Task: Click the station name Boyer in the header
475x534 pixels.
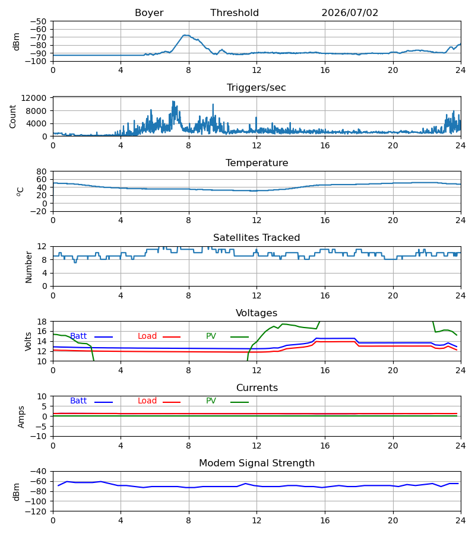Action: point(149,12)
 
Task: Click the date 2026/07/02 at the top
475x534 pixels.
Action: point(350,12)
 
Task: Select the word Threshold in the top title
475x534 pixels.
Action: point(235,12)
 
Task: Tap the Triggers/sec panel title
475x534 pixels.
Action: point(256,88)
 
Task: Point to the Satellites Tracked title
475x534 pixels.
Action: point(256,238)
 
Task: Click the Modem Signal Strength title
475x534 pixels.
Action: point(256,463)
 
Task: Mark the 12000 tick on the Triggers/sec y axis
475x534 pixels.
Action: point(34,98)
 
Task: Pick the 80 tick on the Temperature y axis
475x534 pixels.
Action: point(42,171)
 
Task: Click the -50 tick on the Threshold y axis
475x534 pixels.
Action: point(38,21)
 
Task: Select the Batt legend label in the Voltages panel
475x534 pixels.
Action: point(78,336)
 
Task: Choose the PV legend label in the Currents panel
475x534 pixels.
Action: point(211,401)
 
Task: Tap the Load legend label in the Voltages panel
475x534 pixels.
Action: point(147,336)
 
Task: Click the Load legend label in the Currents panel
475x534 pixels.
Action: point(147,401)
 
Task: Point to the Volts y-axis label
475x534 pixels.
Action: point(28,341)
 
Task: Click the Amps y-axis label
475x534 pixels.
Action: point(21,417)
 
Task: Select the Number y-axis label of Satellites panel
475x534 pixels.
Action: point(28,267)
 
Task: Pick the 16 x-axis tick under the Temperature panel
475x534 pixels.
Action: point(325,220)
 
